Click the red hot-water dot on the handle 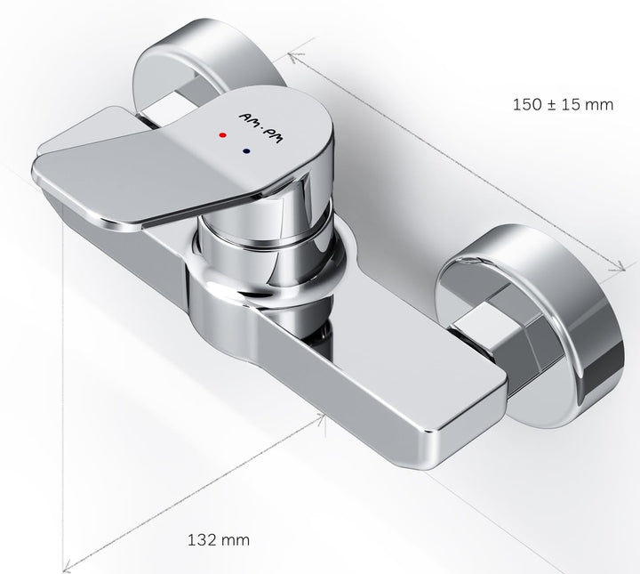(x=222, y=134)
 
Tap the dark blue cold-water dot (x=246, y=151)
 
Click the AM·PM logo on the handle (x=260, y=128)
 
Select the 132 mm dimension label (x=219, y=539)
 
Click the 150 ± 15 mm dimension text (x=563, y=105)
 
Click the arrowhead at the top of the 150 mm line (x=294, y=57)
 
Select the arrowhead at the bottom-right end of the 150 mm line (x=620, y=266)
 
